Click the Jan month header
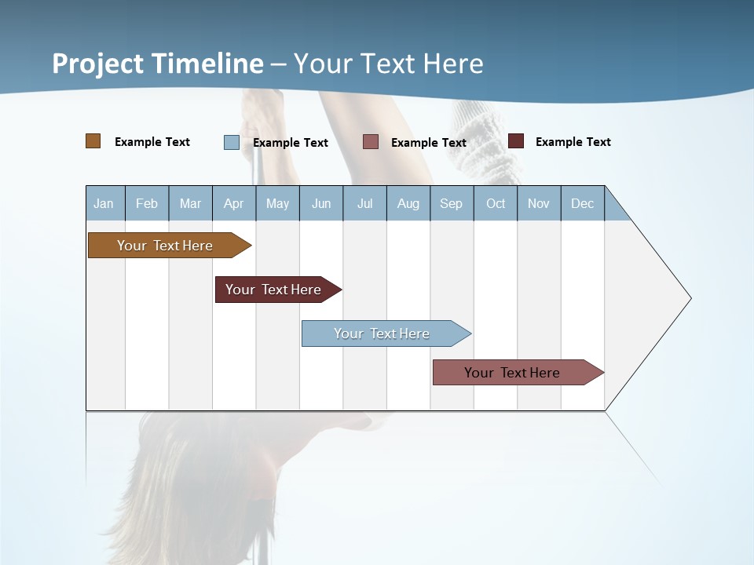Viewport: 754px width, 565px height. (x=104, y=203)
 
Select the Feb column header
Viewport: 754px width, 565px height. (x=147, y=203)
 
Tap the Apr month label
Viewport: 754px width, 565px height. (x=233, y=203)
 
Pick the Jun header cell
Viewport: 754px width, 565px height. (x=321, y=203)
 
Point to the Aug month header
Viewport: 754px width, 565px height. (x=408, y=203)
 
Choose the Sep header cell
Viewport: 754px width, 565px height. (x=451, y=203)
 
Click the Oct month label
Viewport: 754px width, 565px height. (x=496, y=203)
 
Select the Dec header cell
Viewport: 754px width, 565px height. (x=582, y=203)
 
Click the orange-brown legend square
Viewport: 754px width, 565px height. (x=93, y=141)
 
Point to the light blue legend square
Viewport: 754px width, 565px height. (x=232, y=142)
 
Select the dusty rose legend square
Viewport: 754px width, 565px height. (x=371, y=142)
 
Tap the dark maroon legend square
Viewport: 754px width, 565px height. (x=516, y=141)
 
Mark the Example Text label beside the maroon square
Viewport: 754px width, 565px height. (x=573, y=142)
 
